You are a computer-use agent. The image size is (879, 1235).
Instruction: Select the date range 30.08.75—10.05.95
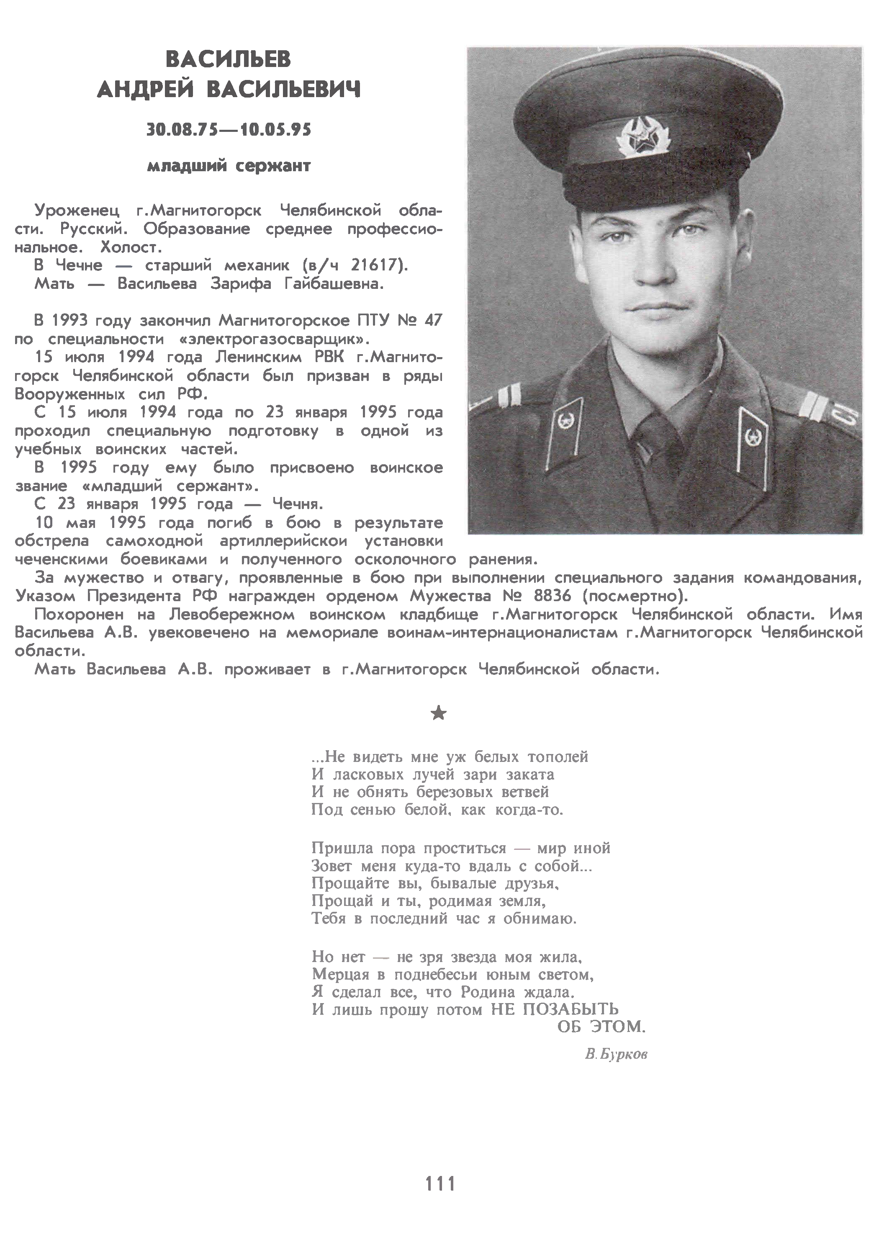[x=229, y=130]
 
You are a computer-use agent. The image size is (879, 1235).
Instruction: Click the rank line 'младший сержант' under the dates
[x=229, y=166]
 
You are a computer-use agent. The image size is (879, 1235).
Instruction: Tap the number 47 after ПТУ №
[x=433, y=320]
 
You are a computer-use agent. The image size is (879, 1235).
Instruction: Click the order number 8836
[x=553, y=596]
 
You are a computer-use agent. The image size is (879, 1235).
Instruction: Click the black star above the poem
[x=439, y=714]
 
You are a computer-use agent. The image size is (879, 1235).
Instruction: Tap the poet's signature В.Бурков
[x=616, y=1054]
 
